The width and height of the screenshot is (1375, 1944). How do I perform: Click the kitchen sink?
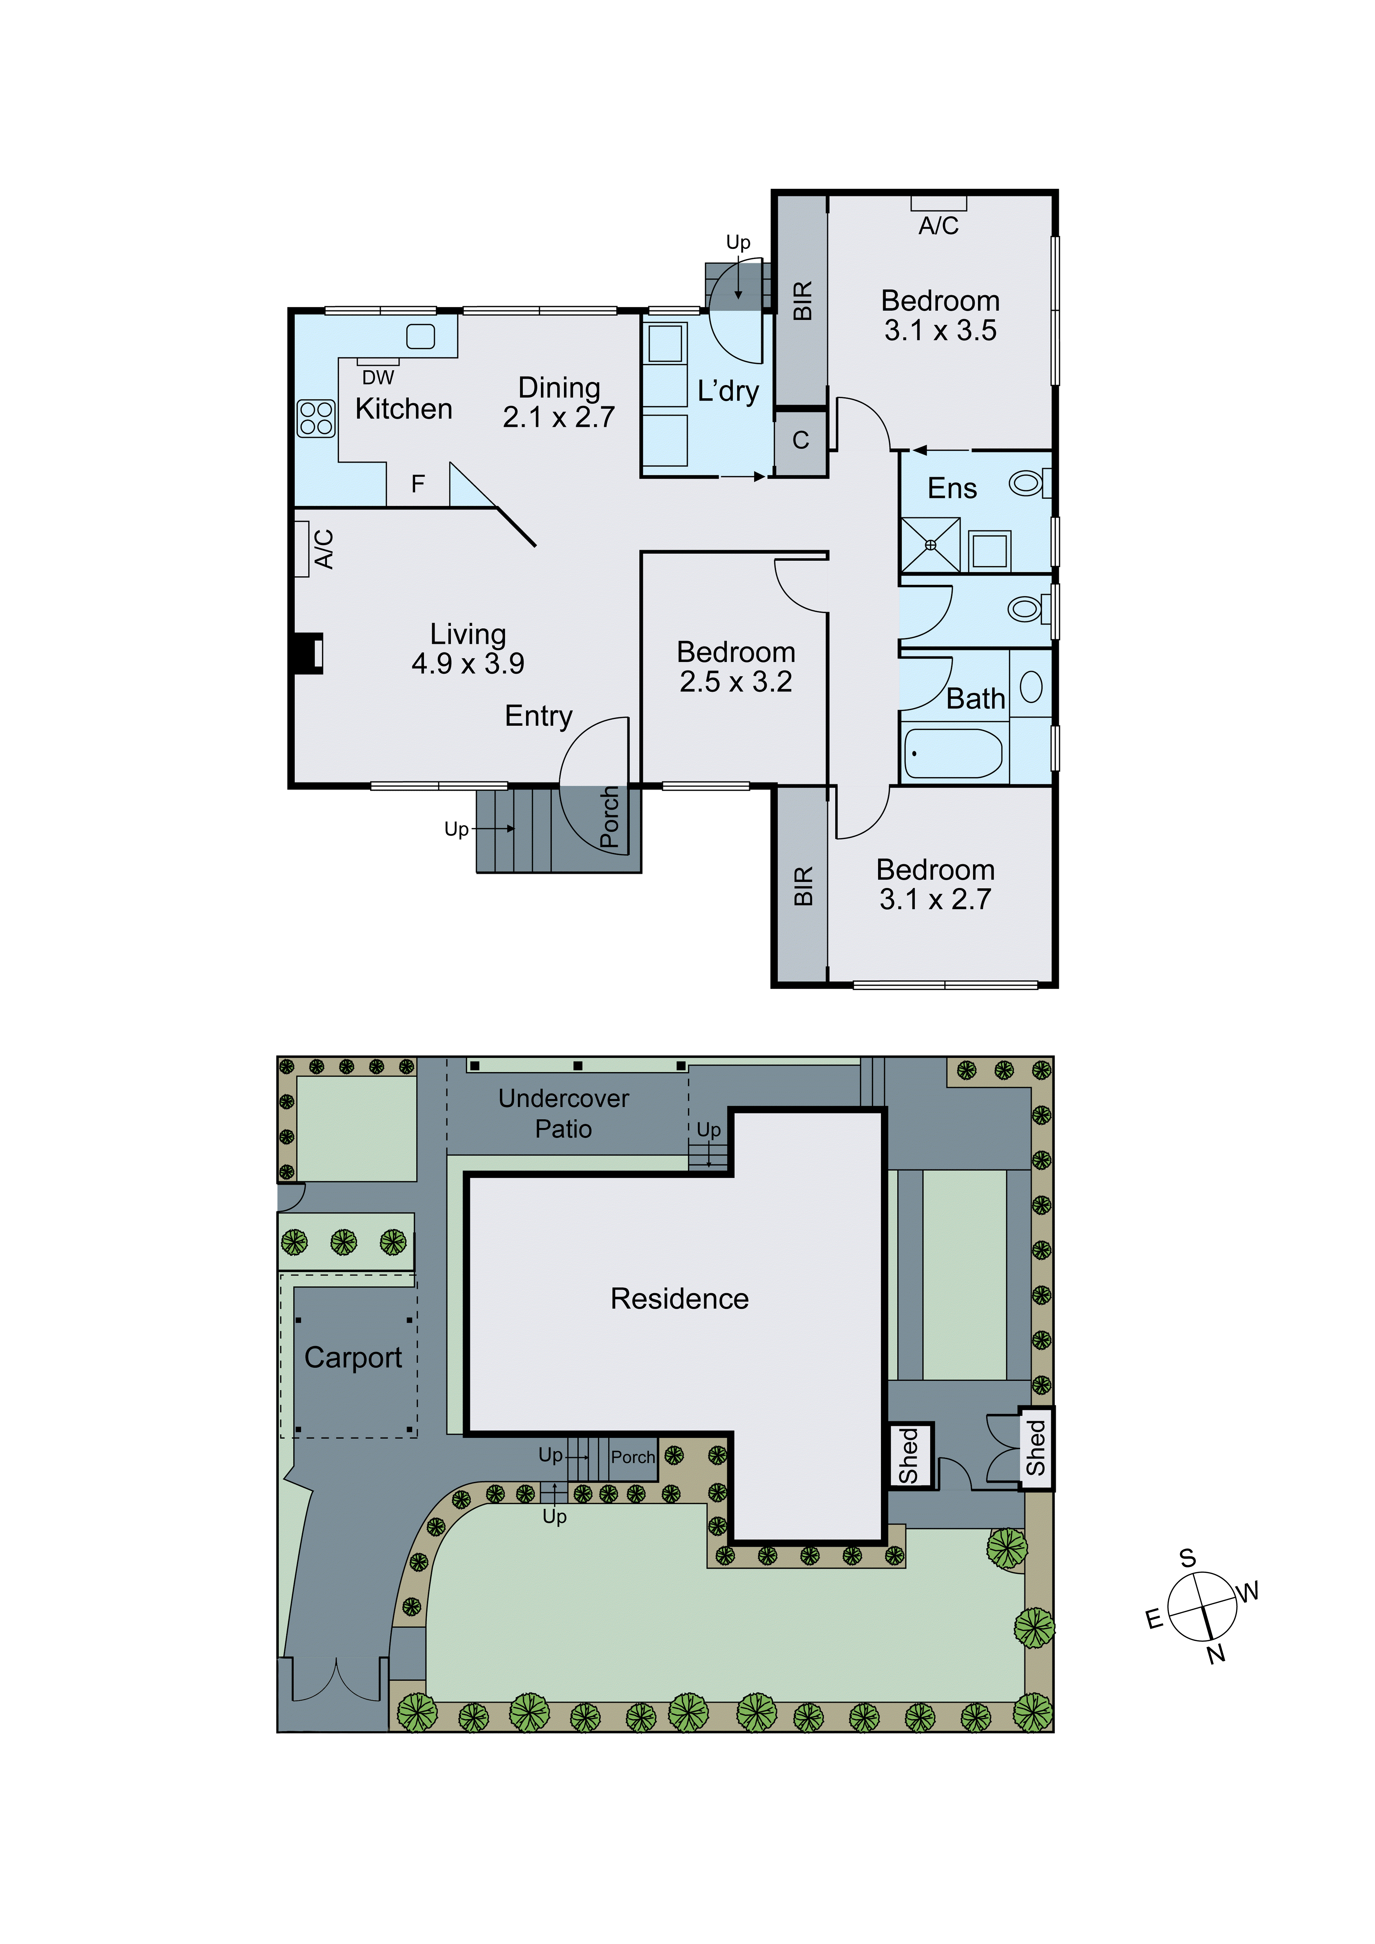pos(421,336)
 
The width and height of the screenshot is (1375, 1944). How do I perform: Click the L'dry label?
pos(728,391)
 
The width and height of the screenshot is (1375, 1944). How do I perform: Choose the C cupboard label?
pos(800,440)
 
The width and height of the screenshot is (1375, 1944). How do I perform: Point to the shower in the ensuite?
pos(931,544)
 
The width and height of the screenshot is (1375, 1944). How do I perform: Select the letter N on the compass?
pos(1216,1654)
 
